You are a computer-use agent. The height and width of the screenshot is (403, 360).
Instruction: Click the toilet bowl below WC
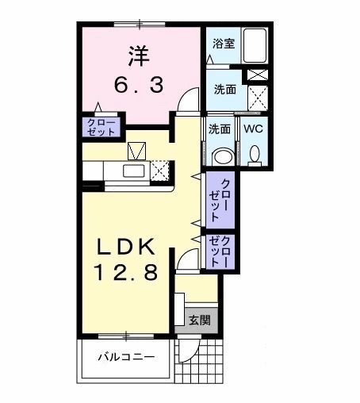[x=254, y=155]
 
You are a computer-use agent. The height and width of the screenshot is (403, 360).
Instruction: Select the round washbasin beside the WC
[x=223, y=155]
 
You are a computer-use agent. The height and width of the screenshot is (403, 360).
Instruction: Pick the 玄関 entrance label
[x=198, y=320]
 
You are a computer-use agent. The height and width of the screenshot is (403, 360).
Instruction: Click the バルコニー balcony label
[x=125, y=357]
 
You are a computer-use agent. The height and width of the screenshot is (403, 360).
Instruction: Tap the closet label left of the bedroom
[x=101, y=126]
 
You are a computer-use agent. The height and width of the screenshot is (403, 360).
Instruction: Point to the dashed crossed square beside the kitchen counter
[x=162, y=171]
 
